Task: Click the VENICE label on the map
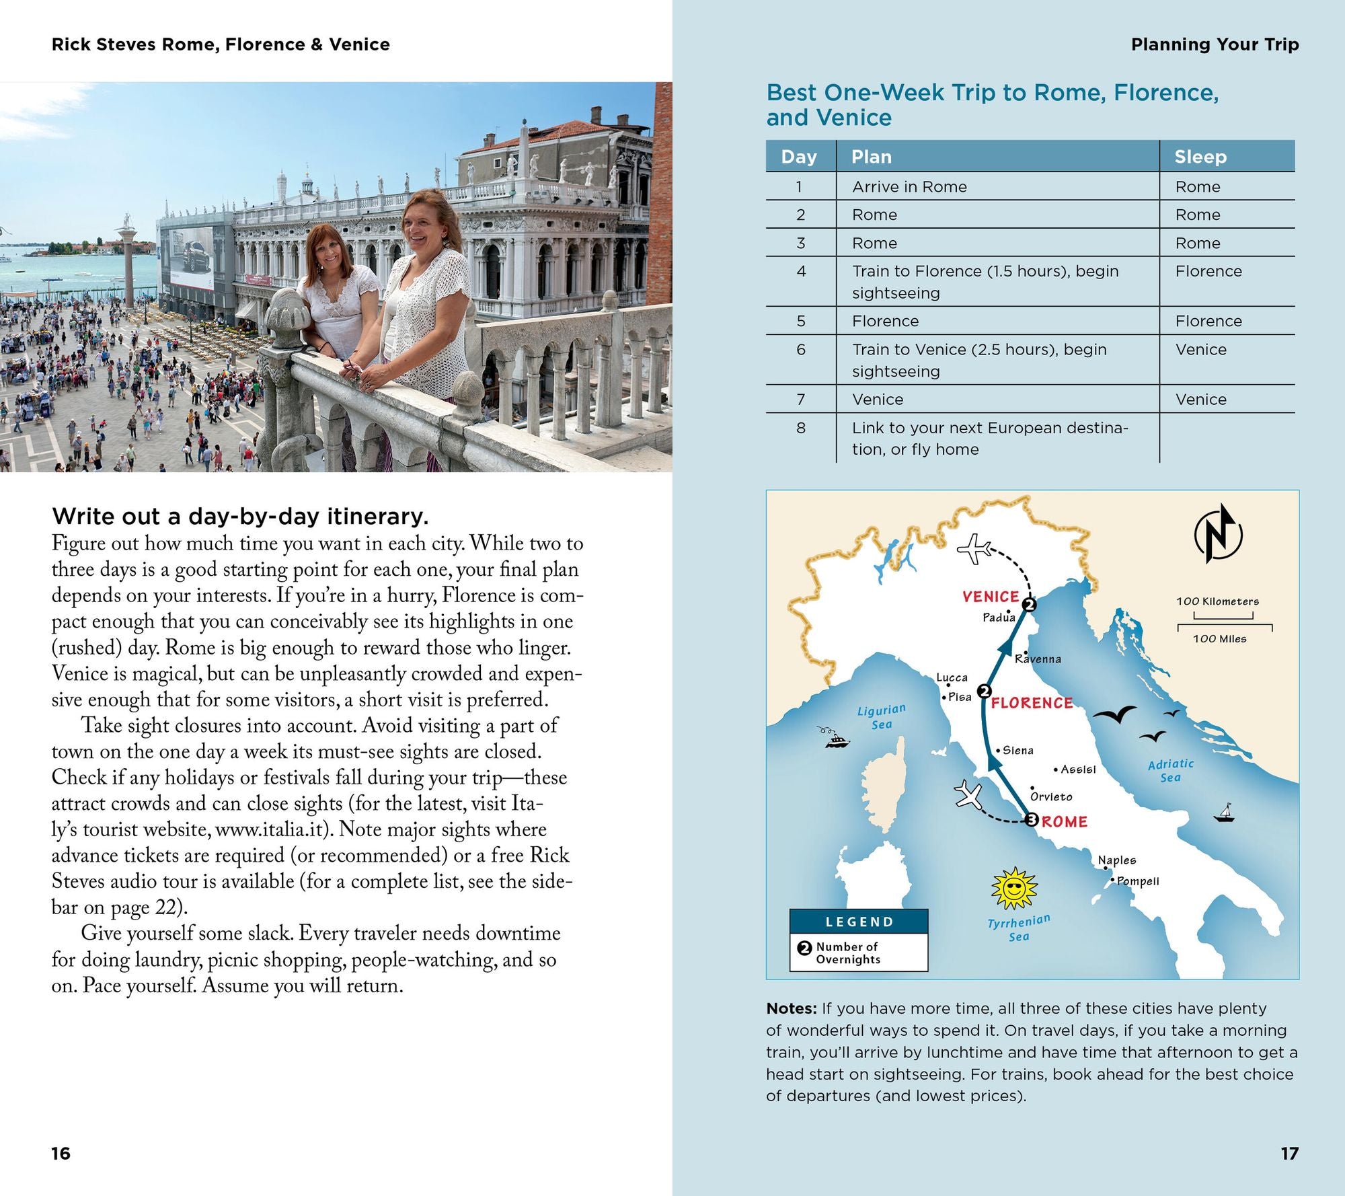(991, 597)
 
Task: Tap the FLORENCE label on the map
(1032, 703)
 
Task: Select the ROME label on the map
(1065, 821)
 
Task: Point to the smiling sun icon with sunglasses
(1014, 889)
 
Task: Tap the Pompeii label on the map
(1138, 881)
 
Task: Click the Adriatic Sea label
(1171, 771)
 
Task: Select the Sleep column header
(1200, 157)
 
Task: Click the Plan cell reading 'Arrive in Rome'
(909, 187)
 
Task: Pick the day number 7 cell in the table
(800, 400)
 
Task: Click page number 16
(61, 1154)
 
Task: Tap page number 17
(1289, 1154)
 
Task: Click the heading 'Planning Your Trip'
(1215, 44)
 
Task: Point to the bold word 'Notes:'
(792, 1008)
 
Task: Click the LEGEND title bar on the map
(859, 922)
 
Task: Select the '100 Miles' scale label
(1219, 639)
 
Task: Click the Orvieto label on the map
(1051, 796)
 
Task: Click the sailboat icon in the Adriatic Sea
(1225, 813)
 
